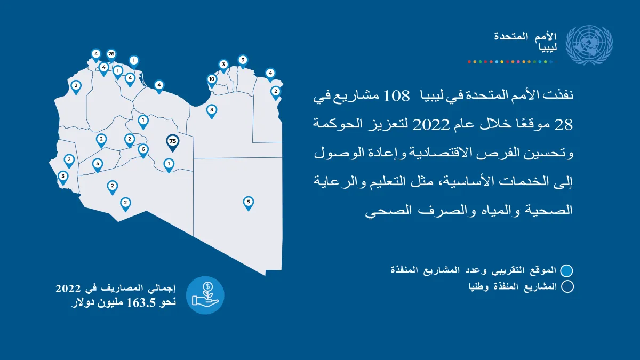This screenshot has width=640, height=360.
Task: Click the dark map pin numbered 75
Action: tap(173, 143)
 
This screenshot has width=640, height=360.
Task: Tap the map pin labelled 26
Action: tap(111, 55)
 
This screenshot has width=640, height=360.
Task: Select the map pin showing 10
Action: tap(212, 81)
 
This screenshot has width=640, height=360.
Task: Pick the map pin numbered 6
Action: tap(143, 150)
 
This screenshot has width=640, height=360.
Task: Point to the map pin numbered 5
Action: tap(249, 203)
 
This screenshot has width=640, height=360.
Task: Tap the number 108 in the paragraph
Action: tap(396, 95)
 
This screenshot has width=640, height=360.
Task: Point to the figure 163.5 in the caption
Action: tap(141, 302)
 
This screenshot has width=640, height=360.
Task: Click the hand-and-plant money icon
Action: tap(205, 295)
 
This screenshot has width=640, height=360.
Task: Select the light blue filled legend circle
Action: tap(566, 270)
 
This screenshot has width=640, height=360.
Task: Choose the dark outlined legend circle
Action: tap(567, 286)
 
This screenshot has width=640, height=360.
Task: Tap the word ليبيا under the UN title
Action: tap(548, 47)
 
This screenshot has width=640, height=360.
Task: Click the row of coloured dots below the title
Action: tap(512, 62)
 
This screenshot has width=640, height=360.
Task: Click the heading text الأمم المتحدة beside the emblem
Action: tap(525, 36)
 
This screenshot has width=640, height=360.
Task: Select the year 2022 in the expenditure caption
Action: tap(68, 288)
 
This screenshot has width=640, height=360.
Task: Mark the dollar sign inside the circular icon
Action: tap(208, 286)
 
